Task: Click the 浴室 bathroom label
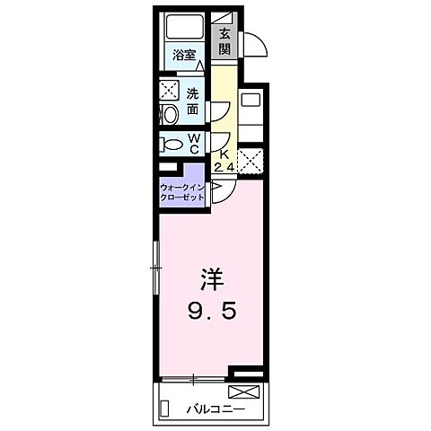(x=185, y=56)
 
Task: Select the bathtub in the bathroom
(x=185, y=27)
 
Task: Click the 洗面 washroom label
(x=194, y=101)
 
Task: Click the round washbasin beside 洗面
(x=167, y=114)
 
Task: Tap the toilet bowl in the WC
(x=170, y=143)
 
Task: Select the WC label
(x=194, y=143)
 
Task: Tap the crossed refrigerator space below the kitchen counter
(x=251, y=162)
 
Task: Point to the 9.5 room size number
(x=211, y=312)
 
